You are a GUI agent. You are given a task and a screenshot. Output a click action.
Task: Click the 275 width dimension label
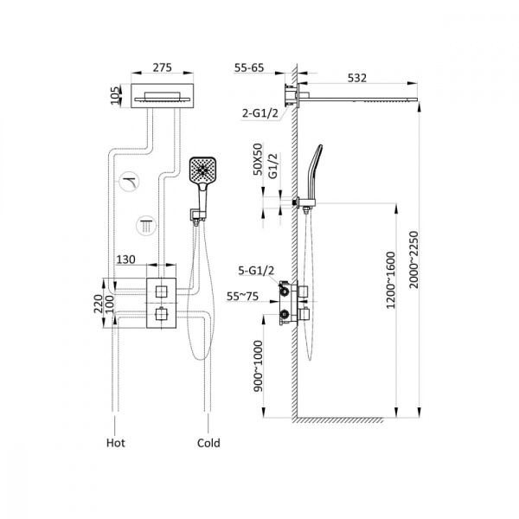[163, 65]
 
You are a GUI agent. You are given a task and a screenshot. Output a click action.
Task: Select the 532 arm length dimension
[356, 77]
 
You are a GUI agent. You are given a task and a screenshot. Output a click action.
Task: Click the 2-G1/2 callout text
[260, 112]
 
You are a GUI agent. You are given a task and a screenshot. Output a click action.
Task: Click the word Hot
[116, 443]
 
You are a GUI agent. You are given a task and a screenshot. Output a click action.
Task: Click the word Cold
[208, 443]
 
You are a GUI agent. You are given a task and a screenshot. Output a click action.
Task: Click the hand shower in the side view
[313, 169]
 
